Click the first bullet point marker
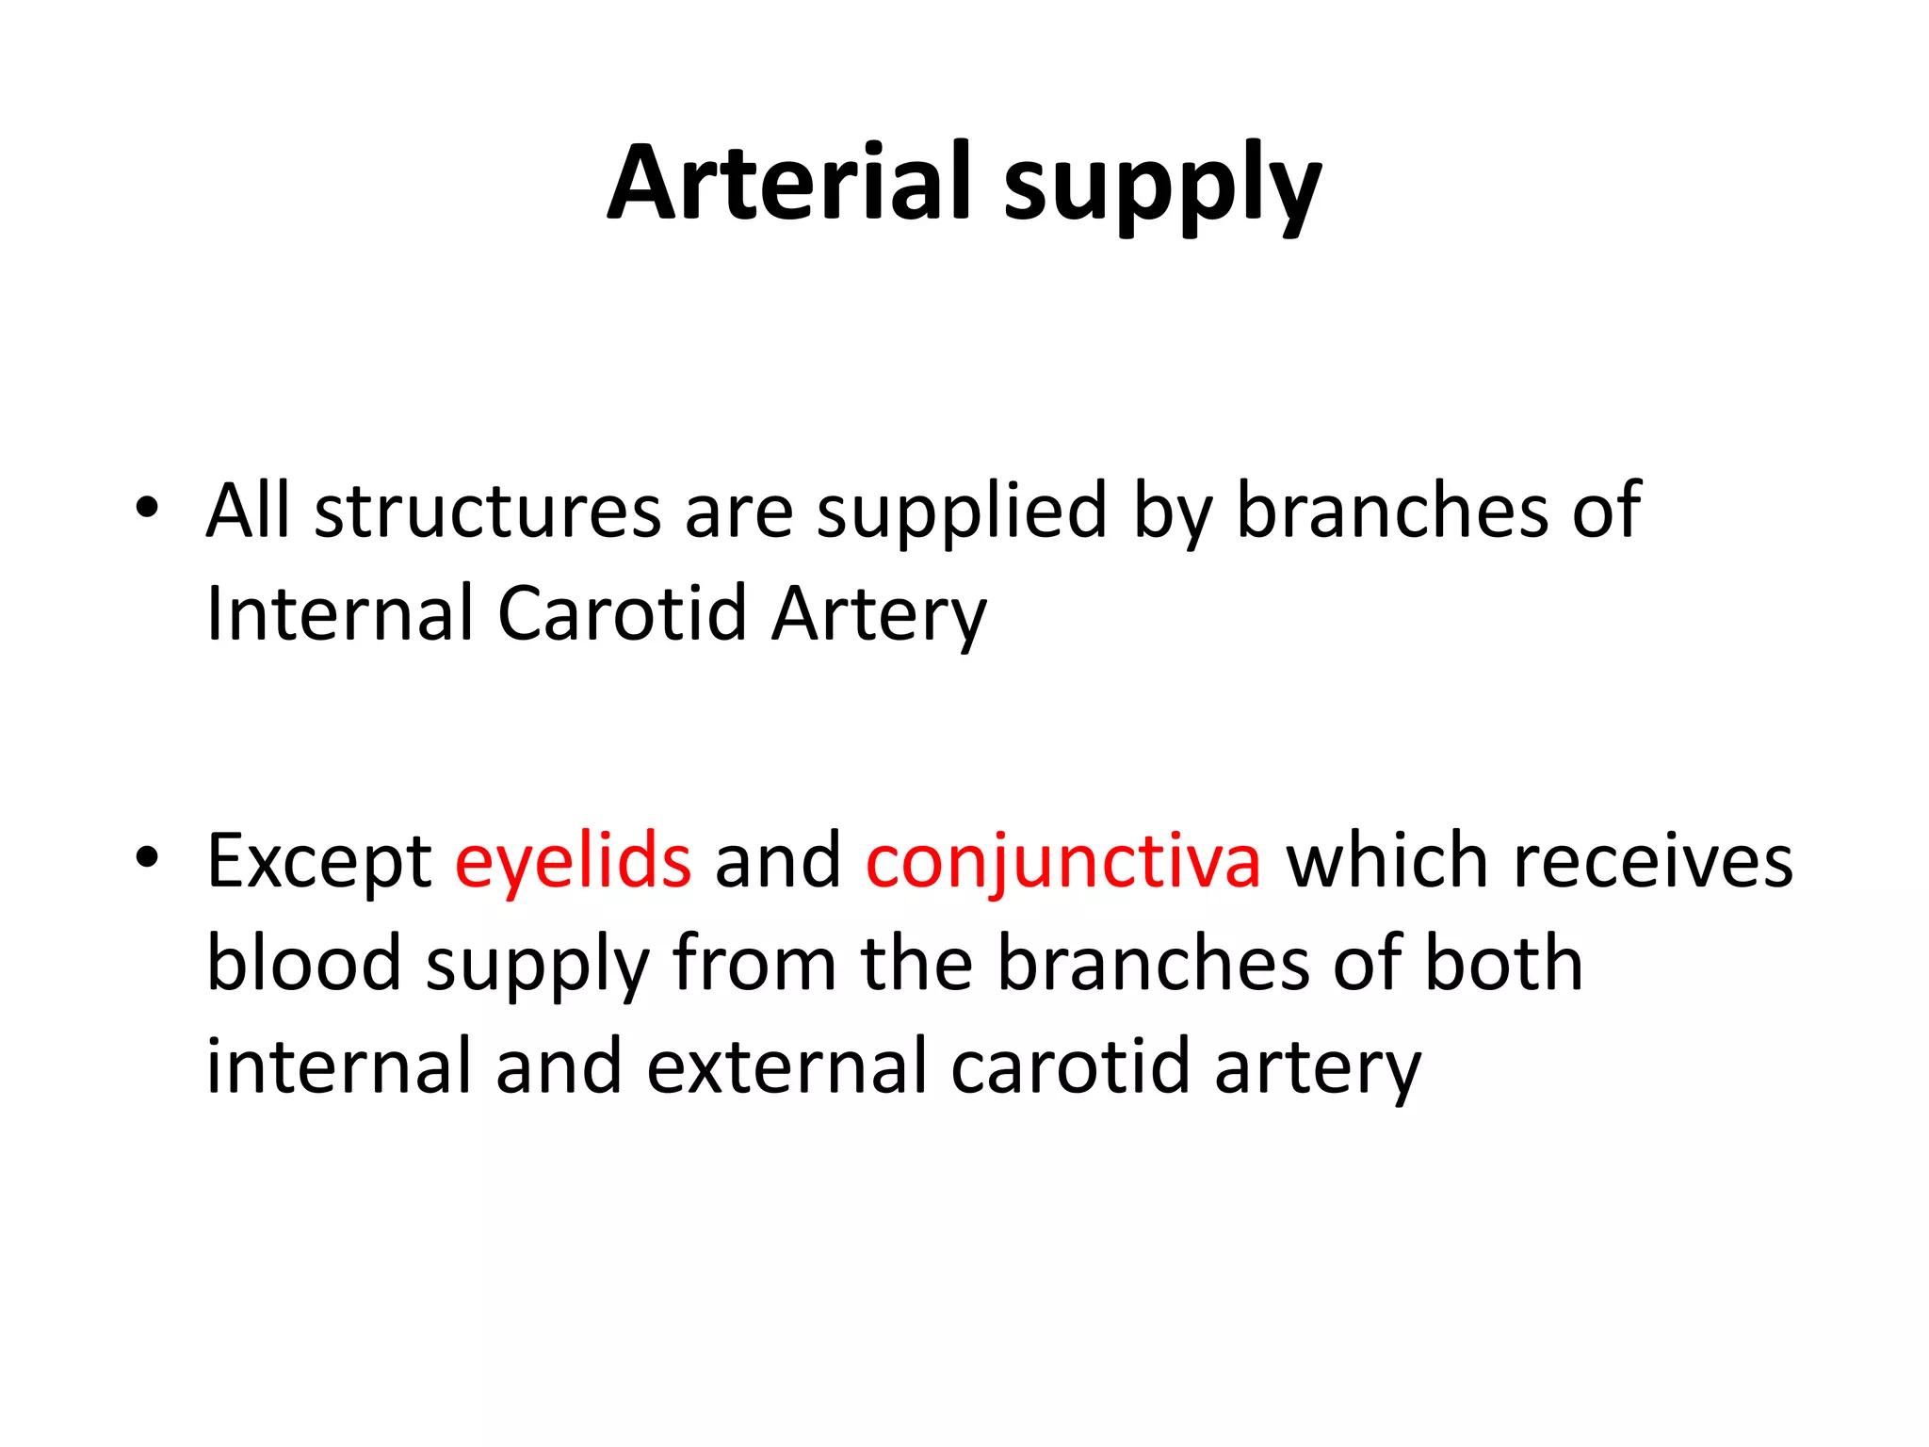(x=147, y=508)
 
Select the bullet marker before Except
(x=147, y=857)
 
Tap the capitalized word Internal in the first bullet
(x=339, y=613)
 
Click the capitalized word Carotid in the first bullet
(x=622, y=613)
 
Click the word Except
(x=319, y=862)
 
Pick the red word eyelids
(x=573, y=862)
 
